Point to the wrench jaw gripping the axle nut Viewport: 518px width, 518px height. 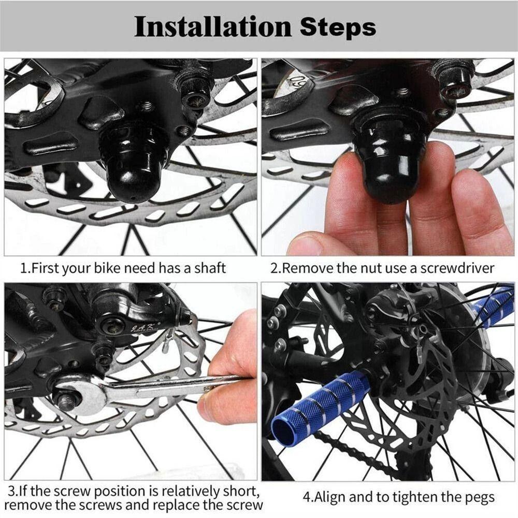(78, 394)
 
